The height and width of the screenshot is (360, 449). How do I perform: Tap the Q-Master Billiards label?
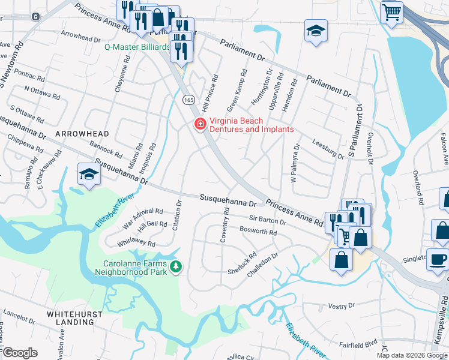[x=137, y=47]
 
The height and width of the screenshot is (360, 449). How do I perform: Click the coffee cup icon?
[x=437, y=259]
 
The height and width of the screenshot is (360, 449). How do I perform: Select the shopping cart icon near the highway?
[x=391, y=11]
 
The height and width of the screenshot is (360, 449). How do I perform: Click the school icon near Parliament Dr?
[x=316, y=31]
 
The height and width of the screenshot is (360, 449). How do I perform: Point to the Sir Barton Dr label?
[x=267, y=221]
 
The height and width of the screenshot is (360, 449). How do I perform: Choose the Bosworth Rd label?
[x=258, y=232]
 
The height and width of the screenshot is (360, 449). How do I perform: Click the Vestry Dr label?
[x=343, y=306]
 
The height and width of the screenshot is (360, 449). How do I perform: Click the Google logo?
[x=20, y=352]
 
